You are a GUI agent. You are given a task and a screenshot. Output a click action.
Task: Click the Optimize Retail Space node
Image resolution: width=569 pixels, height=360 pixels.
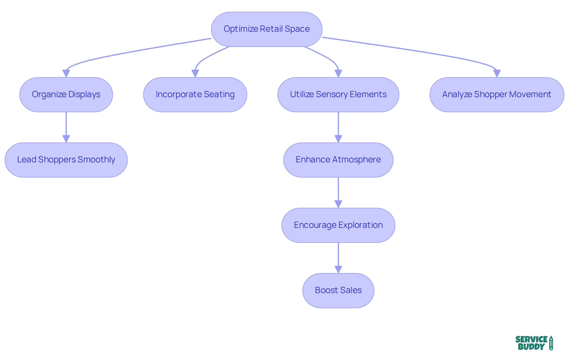pos(266,29)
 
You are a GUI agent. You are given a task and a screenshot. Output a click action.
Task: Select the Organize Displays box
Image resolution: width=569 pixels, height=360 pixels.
pos(66,95)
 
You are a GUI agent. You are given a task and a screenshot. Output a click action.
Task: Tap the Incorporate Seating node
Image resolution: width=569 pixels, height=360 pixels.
pos(195,95)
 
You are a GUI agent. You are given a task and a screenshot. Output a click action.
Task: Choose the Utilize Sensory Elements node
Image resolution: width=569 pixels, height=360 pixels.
pos(338,95)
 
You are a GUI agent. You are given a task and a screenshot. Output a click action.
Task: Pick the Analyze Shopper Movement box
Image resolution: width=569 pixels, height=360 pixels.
pos(497,95)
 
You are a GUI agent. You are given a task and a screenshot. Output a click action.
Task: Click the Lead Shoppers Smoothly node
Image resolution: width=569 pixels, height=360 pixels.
pos(66,160)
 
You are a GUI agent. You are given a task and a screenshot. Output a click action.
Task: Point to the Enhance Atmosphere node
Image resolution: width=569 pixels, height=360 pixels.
pos(338,160)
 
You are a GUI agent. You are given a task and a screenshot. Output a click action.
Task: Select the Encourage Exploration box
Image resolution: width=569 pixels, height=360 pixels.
pos(338,225)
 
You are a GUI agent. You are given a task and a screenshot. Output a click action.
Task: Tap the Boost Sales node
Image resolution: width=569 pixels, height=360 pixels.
pos(338,290)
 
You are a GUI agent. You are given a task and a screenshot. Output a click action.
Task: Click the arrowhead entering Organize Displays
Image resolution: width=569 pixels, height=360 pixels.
pos(66,73)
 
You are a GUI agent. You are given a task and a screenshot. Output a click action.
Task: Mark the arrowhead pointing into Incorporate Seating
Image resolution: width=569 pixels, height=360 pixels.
pos(195,73)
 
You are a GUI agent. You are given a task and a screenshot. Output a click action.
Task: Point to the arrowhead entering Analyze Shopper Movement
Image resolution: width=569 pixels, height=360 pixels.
pos(497,73)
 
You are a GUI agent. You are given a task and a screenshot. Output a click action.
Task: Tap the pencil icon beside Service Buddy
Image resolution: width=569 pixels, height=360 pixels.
pos(551,343)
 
